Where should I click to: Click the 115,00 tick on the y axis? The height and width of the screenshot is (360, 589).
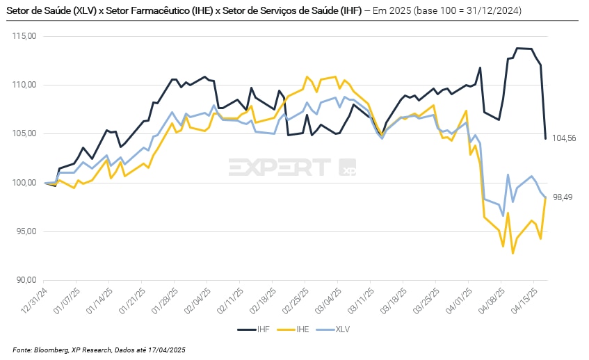click(x=25, y=36)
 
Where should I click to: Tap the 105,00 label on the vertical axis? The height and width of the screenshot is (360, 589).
click(x=25, y=134)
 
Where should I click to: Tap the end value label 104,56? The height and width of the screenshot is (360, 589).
click(x=564, y=139)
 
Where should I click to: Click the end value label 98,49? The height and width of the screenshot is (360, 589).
click(x=562, y=197)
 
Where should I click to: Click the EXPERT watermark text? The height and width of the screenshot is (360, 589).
click(x=280, y=167)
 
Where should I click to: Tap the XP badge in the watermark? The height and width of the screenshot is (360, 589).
click(x=347, y=167)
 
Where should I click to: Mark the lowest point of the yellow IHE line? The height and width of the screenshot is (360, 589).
click(x=513, y=254)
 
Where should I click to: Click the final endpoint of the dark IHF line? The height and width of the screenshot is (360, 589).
click(x=545, y=138)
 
